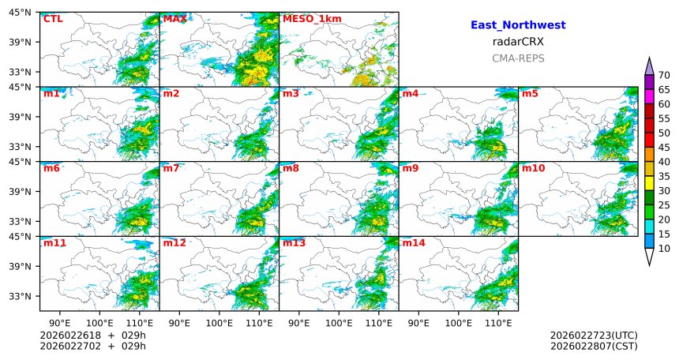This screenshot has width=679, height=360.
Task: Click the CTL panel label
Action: [x=53, y=19]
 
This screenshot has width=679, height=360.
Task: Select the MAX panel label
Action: [x=174, y=19]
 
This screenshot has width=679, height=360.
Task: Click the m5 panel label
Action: [x=530, y=94]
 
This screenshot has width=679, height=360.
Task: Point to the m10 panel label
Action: [x=533, y=168]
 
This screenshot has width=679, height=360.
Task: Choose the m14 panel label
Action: [x=413, y=243]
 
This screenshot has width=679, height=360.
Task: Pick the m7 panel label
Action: [x=171, y=168]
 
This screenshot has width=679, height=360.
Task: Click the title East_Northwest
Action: [x=518, y=25]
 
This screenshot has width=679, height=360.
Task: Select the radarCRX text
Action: [x=518, y=42]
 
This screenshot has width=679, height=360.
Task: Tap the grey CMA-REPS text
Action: [x=518, y=58]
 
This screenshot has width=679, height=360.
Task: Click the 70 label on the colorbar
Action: [x=664, y=76]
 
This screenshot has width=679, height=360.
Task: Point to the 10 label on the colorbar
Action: [x=664, y=249]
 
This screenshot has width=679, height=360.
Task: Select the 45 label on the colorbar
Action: [x=664, y=148]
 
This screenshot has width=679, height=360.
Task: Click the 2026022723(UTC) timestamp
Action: [x=594, y=336]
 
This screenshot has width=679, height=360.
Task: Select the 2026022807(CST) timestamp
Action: [x=594, y=346]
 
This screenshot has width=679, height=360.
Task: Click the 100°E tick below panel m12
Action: [x=219, y=323]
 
